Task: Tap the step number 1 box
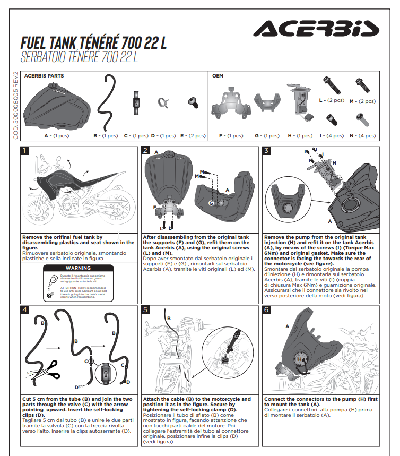point(24,151)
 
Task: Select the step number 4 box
point(24,310)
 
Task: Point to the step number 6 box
point(266,310)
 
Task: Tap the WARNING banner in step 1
point(78,268)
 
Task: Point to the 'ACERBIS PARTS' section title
point(44,76)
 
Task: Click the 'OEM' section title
point(218,76)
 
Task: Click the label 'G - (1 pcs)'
point(267,136)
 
